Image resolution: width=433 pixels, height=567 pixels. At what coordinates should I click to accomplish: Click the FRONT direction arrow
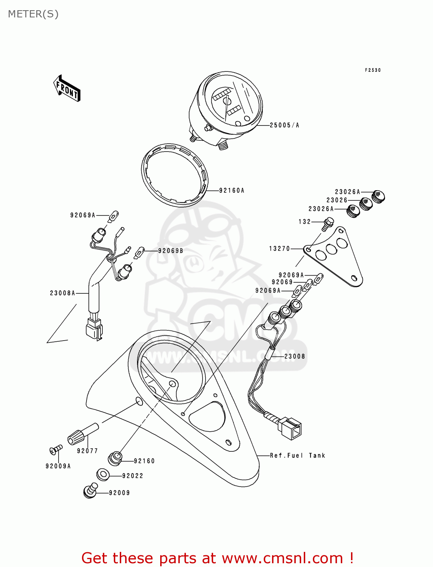pyautogui.click(x=67, y=88)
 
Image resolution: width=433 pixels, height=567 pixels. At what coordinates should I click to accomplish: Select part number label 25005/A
pyautogui.click(x=284, y=125)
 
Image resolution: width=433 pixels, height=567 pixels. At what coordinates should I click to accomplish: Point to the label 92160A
pyautogui.click(x=232, y=191)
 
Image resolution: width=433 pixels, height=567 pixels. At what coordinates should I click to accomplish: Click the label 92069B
pyautogui.click(x=170, y=251)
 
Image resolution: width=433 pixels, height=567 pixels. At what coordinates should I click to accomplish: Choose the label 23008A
pyautogui.click(x=62, y=293)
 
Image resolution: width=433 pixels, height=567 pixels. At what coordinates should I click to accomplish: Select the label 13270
pyautogui.click(x=280, y=248)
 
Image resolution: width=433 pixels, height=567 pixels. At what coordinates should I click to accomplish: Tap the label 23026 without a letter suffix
pyautogui.click(x=337, y=200)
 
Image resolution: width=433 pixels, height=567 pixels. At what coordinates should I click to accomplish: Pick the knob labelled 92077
pyautogui.click(x=82, y=434)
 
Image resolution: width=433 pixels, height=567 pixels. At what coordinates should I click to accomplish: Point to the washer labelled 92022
pyautogui.click(x=102, y=474)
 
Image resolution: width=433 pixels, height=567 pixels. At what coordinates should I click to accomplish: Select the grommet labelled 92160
pyautogui.click(x=115, y=458)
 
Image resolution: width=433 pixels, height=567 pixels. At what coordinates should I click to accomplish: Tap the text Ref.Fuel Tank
pyautogui.click(x=297, y=455)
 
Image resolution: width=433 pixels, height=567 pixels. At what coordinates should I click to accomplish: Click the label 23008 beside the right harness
pyautogui.click(x=295, y=356)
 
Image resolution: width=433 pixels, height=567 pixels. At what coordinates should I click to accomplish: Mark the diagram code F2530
pyautogui.click(x=373, y=70)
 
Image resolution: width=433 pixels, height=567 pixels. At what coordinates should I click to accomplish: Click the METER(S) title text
pyautogui.click(x=33, y=14)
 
